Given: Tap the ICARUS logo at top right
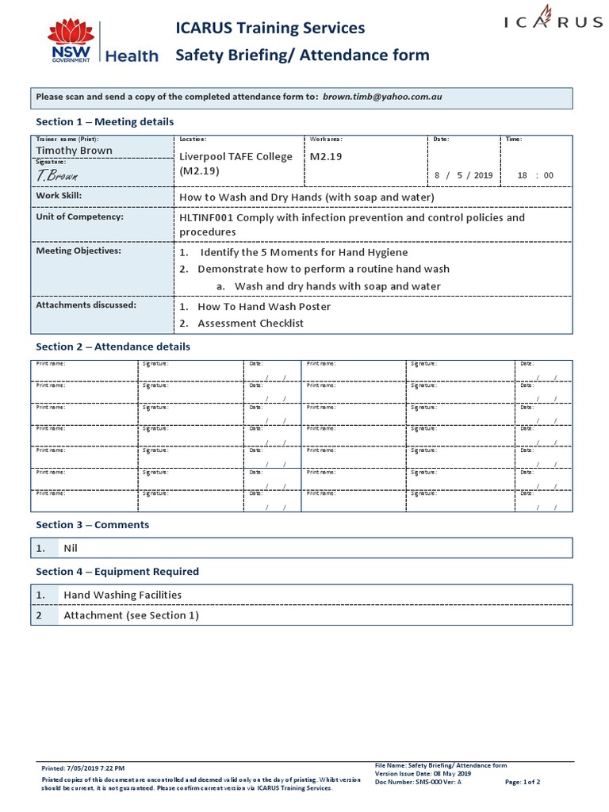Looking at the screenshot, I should (x=553, y=21).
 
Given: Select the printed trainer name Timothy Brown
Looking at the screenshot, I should (x=75, y=150).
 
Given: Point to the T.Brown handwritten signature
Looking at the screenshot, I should (x=57, y=174).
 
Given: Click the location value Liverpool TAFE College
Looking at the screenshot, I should (x=236, y=156).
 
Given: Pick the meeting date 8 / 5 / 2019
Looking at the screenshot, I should (x=463, y=175).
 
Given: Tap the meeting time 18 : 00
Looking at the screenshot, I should (x=534, y=175).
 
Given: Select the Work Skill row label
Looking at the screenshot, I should (x=59, y=196).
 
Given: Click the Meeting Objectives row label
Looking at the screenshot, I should (x=79, y=251).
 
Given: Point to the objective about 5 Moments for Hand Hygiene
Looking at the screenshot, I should (x=304, y=252).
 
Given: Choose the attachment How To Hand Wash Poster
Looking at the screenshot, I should (x=263, y=306).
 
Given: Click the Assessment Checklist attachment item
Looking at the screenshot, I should (x=250, y=323).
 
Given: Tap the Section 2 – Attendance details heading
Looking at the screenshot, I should (x=113, y=347).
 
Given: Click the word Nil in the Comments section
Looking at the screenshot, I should (x=71, y=548).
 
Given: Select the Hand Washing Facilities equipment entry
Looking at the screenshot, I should (x=122, y=595).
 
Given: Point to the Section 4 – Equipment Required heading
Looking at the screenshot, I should (x=117, y=571).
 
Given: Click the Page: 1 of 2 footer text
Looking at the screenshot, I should (x=522, y=782).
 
